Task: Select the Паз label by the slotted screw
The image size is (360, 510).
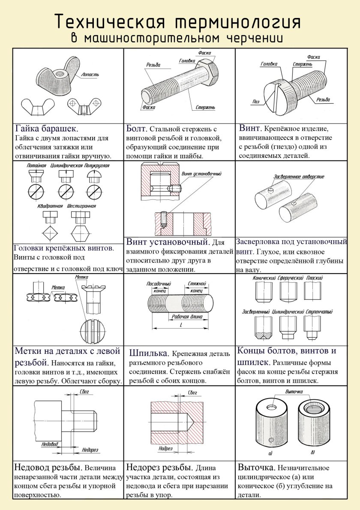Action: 256,102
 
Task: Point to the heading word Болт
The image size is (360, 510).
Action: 137,129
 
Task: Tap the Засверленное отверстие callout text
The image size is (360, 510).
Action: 299,176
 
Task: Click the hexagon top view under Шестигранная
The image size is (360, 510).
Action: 80,234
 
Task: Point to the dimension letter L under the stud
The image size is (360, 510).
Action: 181,326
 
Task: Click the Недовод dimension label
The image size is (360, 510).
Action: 50,444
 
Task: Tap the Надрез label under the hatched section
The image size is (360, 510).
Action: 165,448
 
